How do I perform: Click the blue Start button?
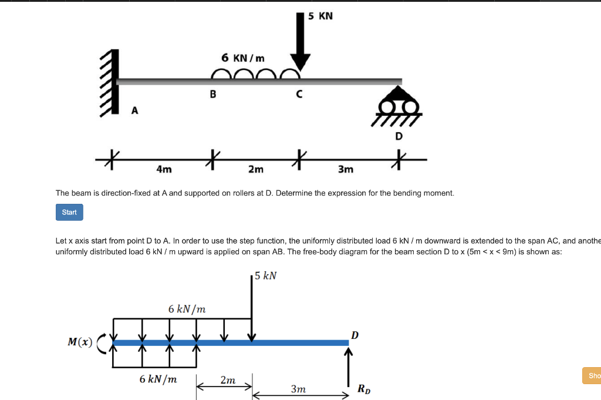pyautogui.click(x=69, y=212)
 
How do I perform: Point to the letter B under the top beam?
pyautogui.click(x=212, y=94)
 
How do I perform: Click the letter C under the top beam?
pyautogui.click(x=299, y=94)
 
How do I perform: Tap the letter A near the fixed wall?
pyautogui.click(x=134, y=110)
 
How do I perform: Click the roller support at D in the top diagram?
pyautogui.click(x=399, y=106)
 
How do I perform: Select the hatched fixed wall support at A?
pyautogui.click(x=110, y=82)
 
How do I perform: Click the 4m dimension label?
pyautogui.click(x=164, y=169)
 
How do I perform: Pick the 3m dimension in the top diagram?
pyautogui.click(x=346, y=169)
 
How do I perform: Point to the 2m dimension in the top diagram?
pyautogui.click(x=255, y=169)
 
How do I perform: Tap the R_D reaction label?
pyautogui.click(x=364, y=388)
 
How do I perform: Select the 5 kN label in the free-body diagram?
pyautogui.click(x=266, y=275)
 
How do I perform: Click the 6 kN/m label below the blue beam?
pyautogui.click(x=158, y=379)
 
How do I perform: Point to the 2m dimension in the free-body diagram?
pyautogui.click(x=228, y=380)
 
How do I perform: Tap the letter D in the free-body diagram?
pyautogui.click(x=354, y=335)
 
